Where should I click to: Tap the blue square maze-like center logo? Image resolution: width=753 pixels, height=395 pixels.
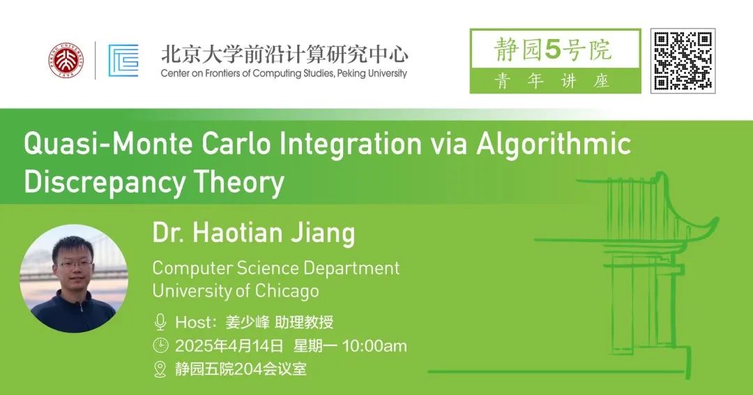(123, 61)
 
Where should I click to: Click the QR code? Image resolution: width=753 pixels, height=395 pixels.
(683, 61)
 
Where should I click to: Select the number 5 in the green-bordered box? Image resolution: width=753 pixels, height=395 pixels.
(554, 50)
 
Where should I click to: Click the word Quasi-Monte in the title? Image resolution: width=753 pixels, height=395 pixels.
(109, 144)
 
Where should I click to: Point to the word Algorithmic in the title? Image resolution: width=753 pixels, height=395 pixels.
(553, 144)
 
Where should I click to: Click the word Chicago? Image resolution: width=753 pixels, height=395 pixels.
(287, 291)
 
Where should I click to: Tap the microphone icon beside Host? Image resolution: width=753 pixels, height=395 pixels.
(160, 322)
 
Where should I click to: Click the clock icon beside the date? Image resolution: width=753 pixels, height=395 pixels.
(160, 345)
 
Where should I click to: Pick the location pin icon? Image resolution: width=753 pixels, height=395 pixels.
(160, 369)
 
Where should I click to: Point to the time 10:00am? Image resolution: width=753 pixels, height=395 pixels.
(374, 345)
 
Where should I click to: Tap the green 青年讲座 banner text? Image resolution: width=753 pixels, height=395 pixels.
(552, 81)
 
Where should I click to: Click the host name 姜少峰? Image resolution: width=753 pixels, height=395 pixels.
(248, 322)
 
